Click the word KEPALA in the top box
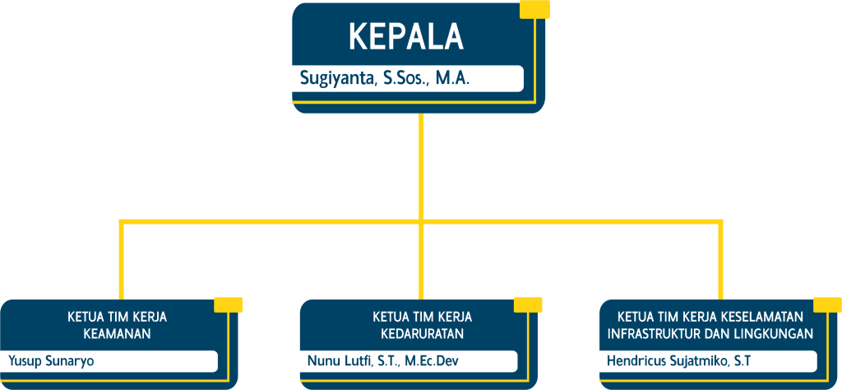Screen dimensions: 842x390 point(406,38)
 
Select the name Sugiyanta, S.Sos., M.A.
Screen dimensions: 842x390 point(385,80)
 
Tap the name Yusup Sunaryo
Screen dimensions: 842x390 point(51,360)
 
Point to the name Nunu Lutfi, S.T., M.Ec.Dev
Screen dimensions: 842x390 point(383,360)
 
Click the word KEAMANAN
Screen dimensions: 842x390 point(117,333)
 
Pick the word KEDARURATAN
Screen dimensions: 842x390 point(422,333)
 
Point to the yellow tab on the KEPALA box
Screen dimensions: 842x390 point(534,9)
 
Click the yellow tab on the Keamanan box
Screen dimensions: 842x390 point(229,304)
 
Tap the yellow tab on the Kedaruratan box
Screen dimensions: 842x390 point(528,304)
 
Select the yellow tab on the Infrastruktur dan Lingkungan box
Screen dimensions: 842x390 point(827,304)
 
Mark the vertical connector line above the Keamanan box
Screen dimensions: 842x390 point(122,261)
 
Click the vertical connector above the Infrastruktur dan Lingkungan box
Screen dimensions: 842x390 point(720,261)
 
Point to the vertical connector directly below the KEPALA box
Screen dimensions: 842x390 point(421,166)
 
